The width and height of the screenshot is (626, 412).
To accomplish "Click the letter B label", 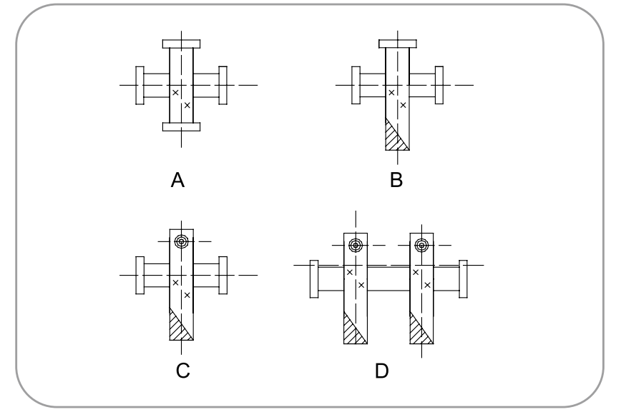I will pos(396,181).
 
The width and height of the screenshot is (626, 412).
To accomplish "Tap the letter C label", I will pos(184,372).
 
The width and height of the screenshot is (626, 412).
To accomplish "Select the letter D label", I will pos(383,372).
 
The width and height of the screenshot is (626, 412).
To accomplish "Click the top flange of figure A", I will pos(182,44).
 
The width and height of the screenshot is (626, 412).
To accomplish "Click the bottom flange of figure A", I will pos(182,127).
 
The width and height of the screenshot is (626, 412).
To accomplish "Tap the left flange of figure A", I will pos(140,85).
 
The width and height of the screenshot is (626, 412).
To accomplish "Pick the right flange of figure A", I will pos(222,85).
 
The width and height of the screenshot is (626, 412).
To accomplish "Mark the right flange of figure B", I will pos(439,85).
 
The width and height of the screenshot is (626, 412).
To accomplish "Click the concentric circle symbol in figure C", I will pos(182,241).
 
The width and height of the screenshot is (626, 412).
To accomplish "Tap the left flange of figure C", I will pos(140,275).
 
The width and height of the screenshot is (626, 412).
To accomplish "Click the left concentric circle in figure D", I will pos(356,246).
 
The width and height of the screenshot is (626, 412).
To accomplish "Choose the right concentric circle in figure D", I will pos(421,246).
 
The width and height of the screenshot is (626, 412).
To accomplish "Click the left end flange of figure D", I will pos(313,278).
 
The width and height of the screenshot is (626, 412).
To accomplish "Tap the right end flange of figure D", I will pos(462,278).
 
